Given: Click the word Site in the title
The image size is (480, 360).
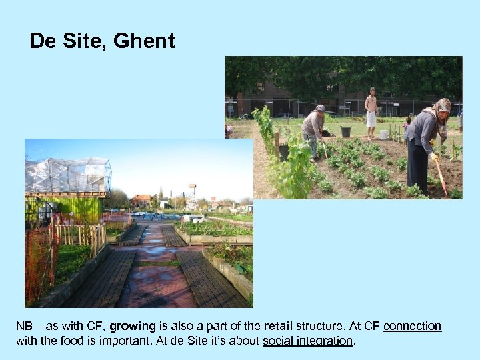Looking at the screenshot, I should click(84, 41).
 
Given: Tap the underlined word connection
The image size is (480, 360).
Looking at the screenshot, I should click(412, 326).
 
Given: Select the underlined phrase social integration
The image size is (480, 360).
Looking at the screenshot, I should click(308, 341).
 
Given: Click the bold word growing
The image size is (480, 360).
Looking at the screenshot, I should click(133, 326).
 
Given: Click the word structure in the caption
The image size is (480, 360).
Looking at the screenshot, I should click(321, 326).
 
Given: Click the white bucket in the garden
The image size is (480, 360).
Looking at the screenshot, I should click(383, 134).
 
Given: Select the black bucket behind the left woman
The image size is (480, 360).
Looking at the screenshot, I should click(345, 131).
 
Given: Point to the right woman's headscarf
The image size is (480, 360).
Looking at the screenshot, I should click(441, 107).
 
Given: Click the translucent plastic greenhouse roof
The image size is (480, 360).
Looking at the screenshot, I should click(67, 175).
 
